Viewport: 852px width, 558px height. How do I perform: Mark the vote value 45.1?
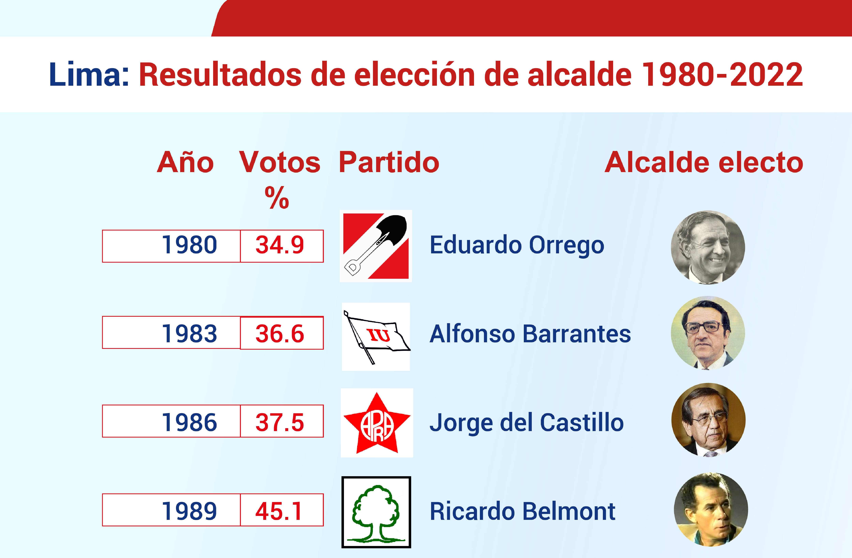pyautogui.click(x=278, y=511)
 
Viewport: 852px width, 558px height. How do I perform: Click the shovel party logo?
pyautogui.click(x=376, y=246)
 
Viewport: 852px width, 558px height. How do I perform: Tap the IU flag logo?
pyautogui.click(x=376, y=337)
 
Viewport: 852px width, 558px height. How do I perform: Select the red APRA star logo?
pyautogui.click(x=377, y=423)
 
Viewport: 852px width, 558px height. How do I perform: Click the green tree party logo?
pyautogui.click(x=376, y=512)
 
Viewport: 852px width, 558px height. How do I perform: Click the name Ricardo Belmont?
pyautogui.click(x=522, y=511)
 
